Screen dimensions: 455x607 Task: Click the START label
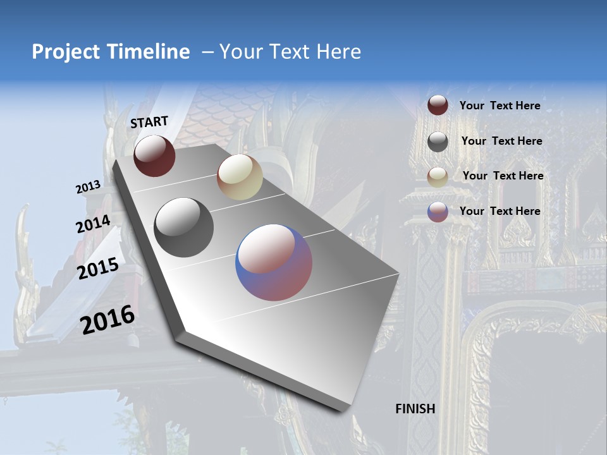click(149, 122)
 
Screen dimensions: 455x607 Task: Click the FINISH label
click(415, 409)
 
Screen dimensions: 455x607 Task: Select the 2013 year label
click(89, 187)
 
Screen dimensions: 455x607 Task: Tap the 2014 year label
click(94, 224)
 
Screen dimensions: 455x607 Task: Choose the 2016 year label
click(108, 319)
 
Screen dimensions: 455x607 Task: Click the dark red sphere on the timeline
click(154, 155)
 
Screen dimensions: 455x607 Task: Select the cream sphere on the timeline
click(240, 177)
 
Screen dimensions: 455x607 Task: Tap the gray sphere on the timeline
click(184, 227)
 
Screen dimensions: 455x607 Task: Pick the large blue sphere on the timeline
click(274, 262)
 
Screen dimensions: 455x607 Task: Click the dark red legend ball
click(438, 106)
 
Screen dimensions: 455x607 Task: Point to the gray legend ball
click(438, 142)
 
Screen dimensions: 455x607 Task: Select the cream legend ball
click(438, 177)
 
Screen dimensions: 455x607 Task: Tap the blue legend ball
click(438, 212)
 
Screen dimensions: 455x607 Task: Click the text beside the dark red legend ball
click(500, 106)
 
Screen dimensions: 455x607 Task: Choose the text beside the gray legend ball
click(501, 141)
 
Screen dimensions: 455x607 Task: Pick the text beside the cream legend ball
click(503, 176)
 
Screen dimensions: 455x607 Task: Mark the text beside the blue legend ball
click(500, 211)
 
